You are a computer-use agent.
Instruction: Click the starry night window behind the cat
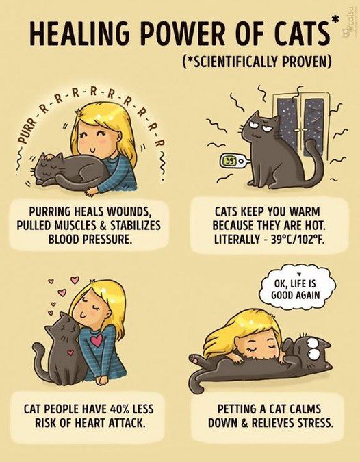[300, 124]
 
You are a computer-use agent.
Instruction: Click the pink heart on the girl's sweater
[97, 340]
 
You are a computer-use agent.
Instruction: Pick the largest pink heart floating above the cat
[75, 280]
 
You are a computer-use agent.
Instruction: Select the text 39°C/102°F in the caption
[298, 240]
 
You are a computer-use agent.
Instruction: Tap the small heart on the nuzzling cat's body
[70, 352]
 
